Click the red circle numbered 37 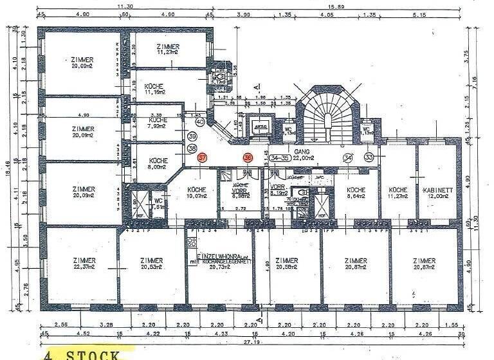[x=203, y=157]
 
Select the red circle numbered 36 [x=248, y=157]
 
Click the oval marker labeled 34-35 [x=279, y=157]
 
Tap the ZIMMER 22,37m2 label [x=84, y=263]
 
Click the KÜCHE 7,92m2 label [x=158, y=123]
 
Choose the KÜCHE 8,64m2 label [x=356, y=193]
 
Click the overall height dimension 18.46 [x=9, y=168]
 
